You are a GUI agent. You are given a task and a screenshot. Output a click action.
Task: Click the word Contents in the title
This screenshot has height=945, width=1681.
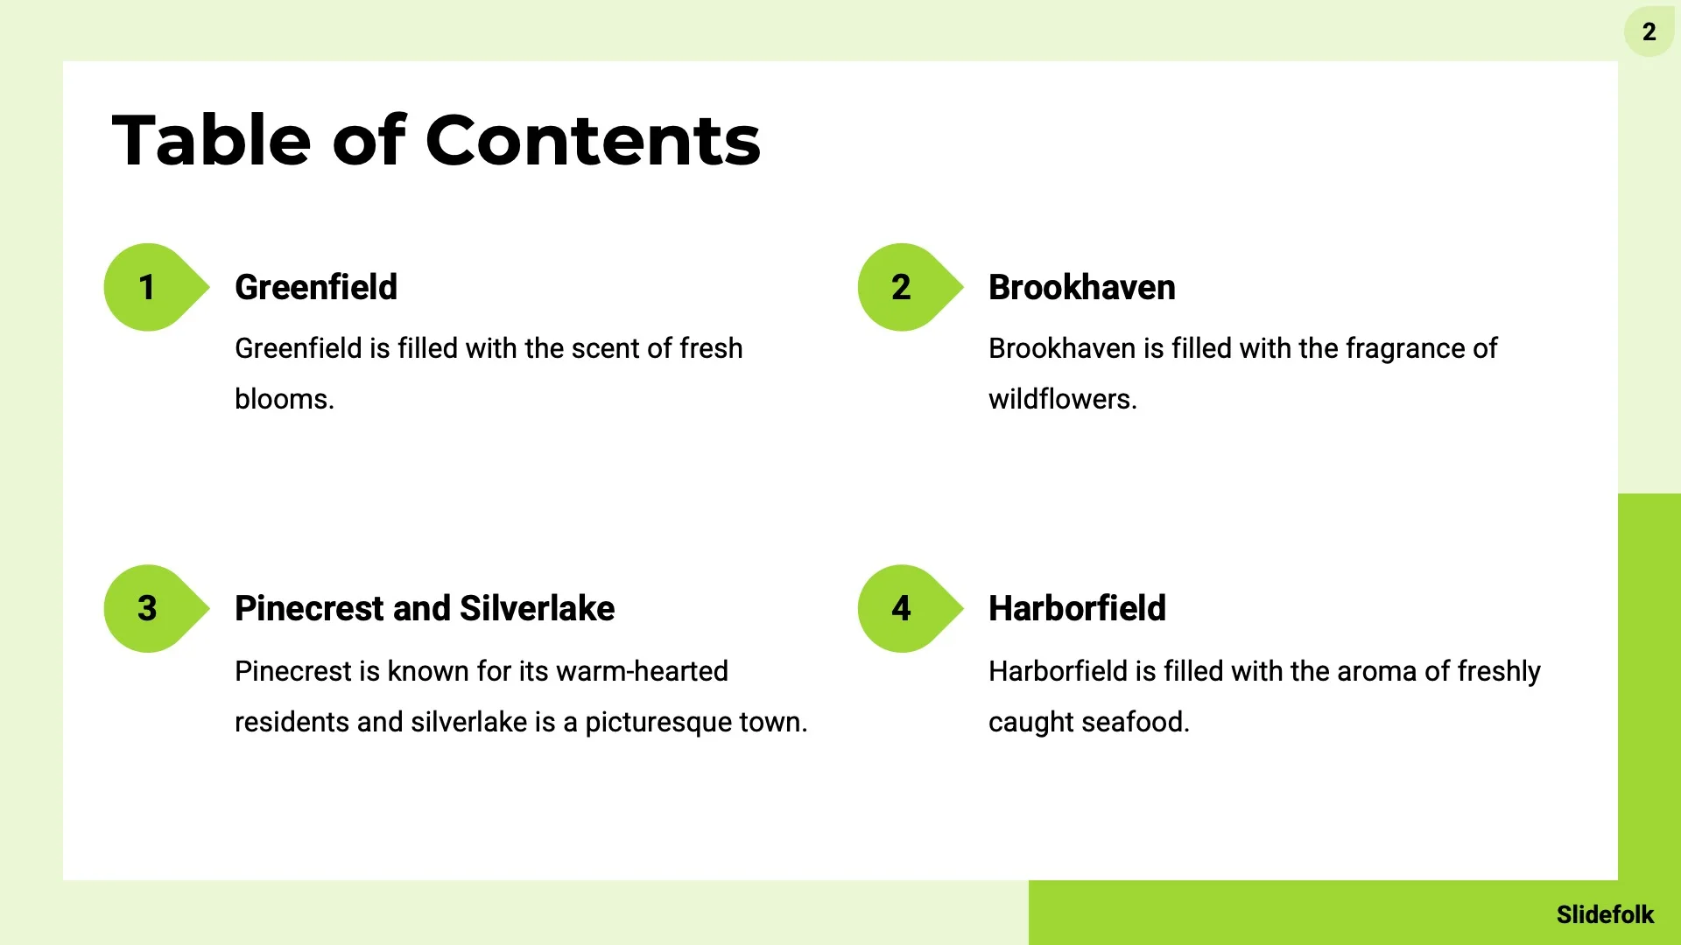(593, 140)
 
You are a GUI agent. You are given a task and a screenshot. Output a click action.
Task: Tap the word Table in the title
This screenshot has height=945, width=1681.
(211, 140)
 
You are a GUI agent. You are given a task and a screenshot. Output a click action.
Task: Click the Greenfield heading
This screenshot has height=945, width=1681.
(316, 287)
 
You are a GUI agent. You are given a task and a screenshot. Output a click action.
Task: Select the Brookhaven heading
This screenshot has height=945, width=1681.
(1082, 287)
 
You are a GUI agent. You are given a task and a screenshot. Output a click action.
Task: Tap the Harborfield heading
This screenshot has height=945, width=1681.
(1077, 608)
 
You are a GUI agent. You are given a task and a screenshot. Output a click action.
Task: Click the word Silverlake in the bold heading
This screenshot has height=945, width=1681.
(537, 608)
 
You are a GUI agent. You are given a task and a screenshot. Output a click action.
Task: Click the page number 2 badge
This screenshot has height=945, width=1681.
(1649, 31)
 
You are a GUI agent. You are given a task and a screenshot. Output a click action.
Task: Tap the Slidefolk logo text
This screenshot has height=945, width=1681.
(1605, 914)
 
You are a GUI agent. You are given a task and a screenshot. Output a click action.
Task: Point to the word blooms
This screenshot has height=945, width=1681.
(285, 399)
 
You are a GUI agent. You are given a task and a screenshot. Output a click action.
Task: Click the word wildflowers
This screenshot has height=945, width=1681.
(1063, 399)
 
